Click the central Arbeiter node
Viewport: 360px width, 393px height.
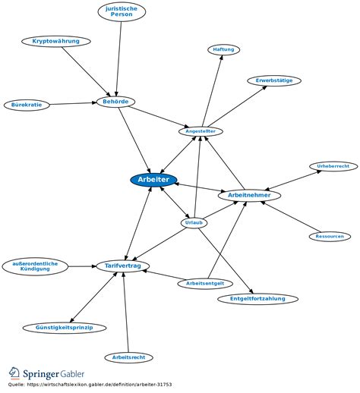click(153, 180)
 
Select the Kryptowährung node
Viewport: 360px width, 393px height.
click(56, 41)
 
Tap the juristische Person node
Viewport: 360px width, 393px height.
click(122, 11)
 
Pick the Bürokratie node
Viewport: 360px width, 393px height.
click(27, 105)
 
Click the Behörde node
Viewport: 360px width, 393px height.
click(115, 102)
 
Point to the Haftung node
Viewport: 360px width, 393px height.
click(223, 49)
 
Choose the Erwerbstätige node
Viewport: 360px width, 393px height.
click(274, 80)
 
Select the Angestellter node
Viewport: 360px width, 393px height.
click(201, 131)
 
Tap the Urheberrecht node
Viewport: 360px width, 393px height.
click(333, 166)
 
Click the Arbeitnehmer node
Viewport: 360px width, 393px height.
click(249, 195)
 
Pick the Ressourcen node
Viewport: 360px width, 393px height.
click(330, 237)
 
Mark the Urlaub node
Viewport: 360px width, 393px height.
click(194, 223)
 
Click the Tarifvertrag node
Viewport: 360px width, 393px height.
click(123, 266)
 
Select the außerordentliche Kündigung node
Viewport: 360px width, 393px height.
click(35, 266)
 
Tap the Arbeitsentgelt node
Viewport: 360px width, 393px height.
click(205, 284)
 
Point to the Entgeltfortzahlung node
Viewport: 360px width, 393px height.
click(257, 299)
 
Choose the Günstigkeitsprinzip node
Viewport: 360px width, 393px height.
click(65, 328)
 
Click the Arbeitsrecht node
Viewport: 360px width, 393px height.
click(128, 357)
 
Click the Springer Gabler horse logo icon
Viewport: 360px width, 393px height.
click(14, 373)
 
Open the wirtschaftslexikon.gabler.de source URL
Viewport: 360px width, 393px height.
click(99, 385)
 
